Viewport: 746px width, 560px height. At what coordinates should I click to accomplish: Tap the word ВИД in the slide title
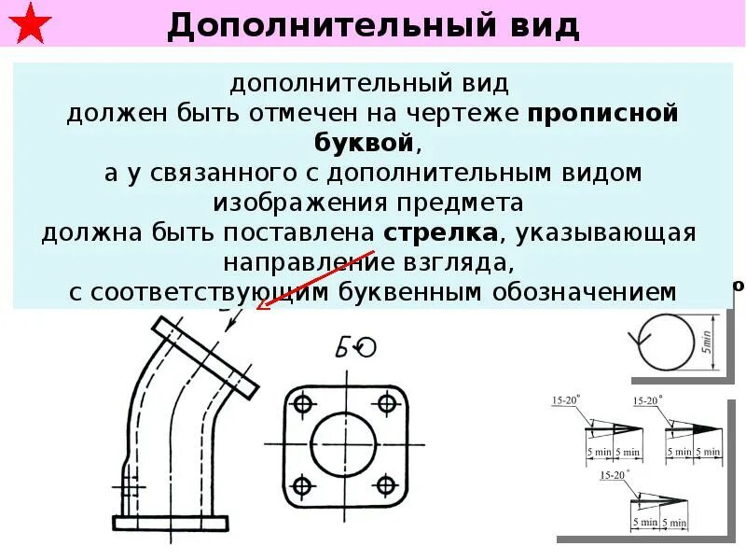point(541,25)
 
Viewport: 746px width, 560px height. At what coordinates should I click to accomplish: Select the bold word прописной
point(601,114)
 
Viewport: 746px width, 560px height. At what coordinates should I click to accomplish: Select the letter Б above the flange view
point(342,349)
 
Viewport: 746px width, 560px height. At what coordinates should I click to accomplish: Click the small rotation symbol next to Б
point(366,348)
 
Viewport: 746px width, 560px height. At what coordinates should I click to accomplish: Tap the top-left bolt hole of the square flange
point(301,403)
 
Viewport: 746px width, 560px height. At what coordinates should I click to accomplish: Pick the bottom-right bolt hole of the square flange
point(385,486)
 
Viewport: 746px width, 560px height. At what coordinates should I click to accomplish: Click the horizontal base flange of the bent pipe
point(170,524)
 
